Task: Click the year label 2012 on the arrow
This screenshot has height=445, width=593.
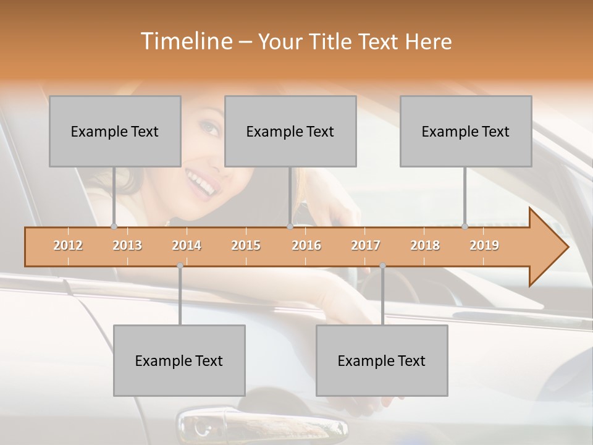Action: click(x=68, y=245)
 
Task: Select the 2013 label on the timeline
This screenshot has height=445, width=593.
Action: click(x=127, y=245)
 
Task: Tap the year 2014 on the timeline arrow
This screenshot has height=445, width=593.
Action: click(x=187, y=245)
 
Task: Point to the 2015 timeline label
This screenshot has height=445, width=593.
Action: click(x=246, y=245)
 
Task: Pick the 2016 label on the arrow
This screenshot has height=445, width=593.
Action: click(x=306, y=245)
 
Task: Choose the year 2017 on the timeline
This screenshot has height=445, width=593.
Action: click(x=366, y=245)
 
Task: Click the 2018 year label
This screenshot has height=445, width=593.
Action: click(x=425, y=245)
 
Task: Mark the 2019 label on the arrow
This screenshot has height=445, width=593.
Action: click(x=484, y=245)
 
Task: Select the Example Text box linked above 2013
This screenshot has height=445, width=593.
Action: click(x=115, y=131)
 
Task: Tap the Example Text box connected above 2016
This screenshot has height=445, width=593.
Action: click(x=290, y=131)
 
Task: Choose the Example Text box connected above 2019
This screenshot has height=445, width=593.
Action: click(x=466, y=131)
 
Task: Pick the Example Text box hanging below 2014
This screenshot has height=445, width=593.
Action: click(x=179, y=360)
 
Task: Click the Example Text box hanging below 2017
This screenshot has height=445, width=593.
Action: click(x=382, y=360)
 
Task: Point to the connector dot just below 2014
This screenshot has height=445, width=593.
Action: click(x=180, y=265)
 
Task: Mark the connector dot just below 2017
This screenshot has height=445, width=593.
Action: click(x=382, y=265)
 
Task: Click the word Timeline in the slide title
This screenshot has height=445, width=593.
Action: click(x=185, y=41)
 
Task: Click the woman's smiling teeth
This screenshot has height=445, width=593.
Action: click(x=201, y=182)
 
